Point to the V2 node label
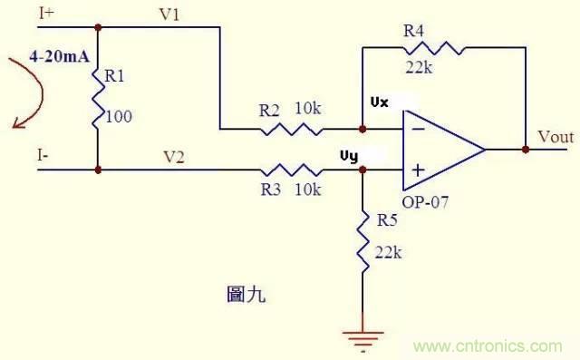[x=173, y=156]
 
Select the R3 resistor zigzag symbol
[x=290, y=170]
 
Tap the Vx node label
[x=380, y=102]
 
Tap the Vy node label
[x=348, y=155]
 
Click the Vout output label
[x=555, y=137]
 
